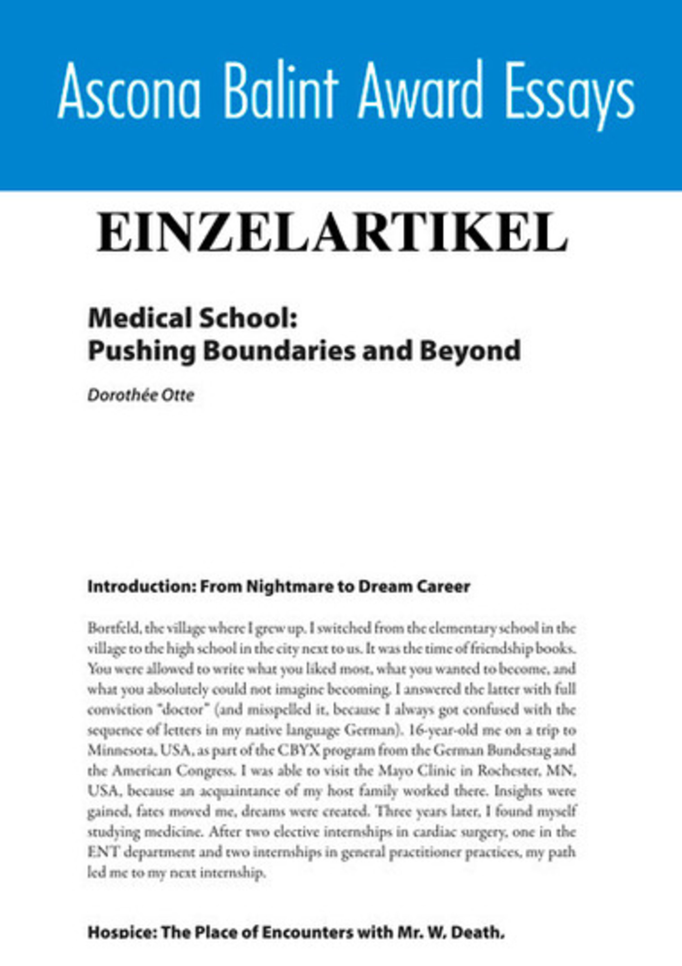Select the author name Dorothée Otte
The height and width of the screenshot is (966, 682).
point(141,396)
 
